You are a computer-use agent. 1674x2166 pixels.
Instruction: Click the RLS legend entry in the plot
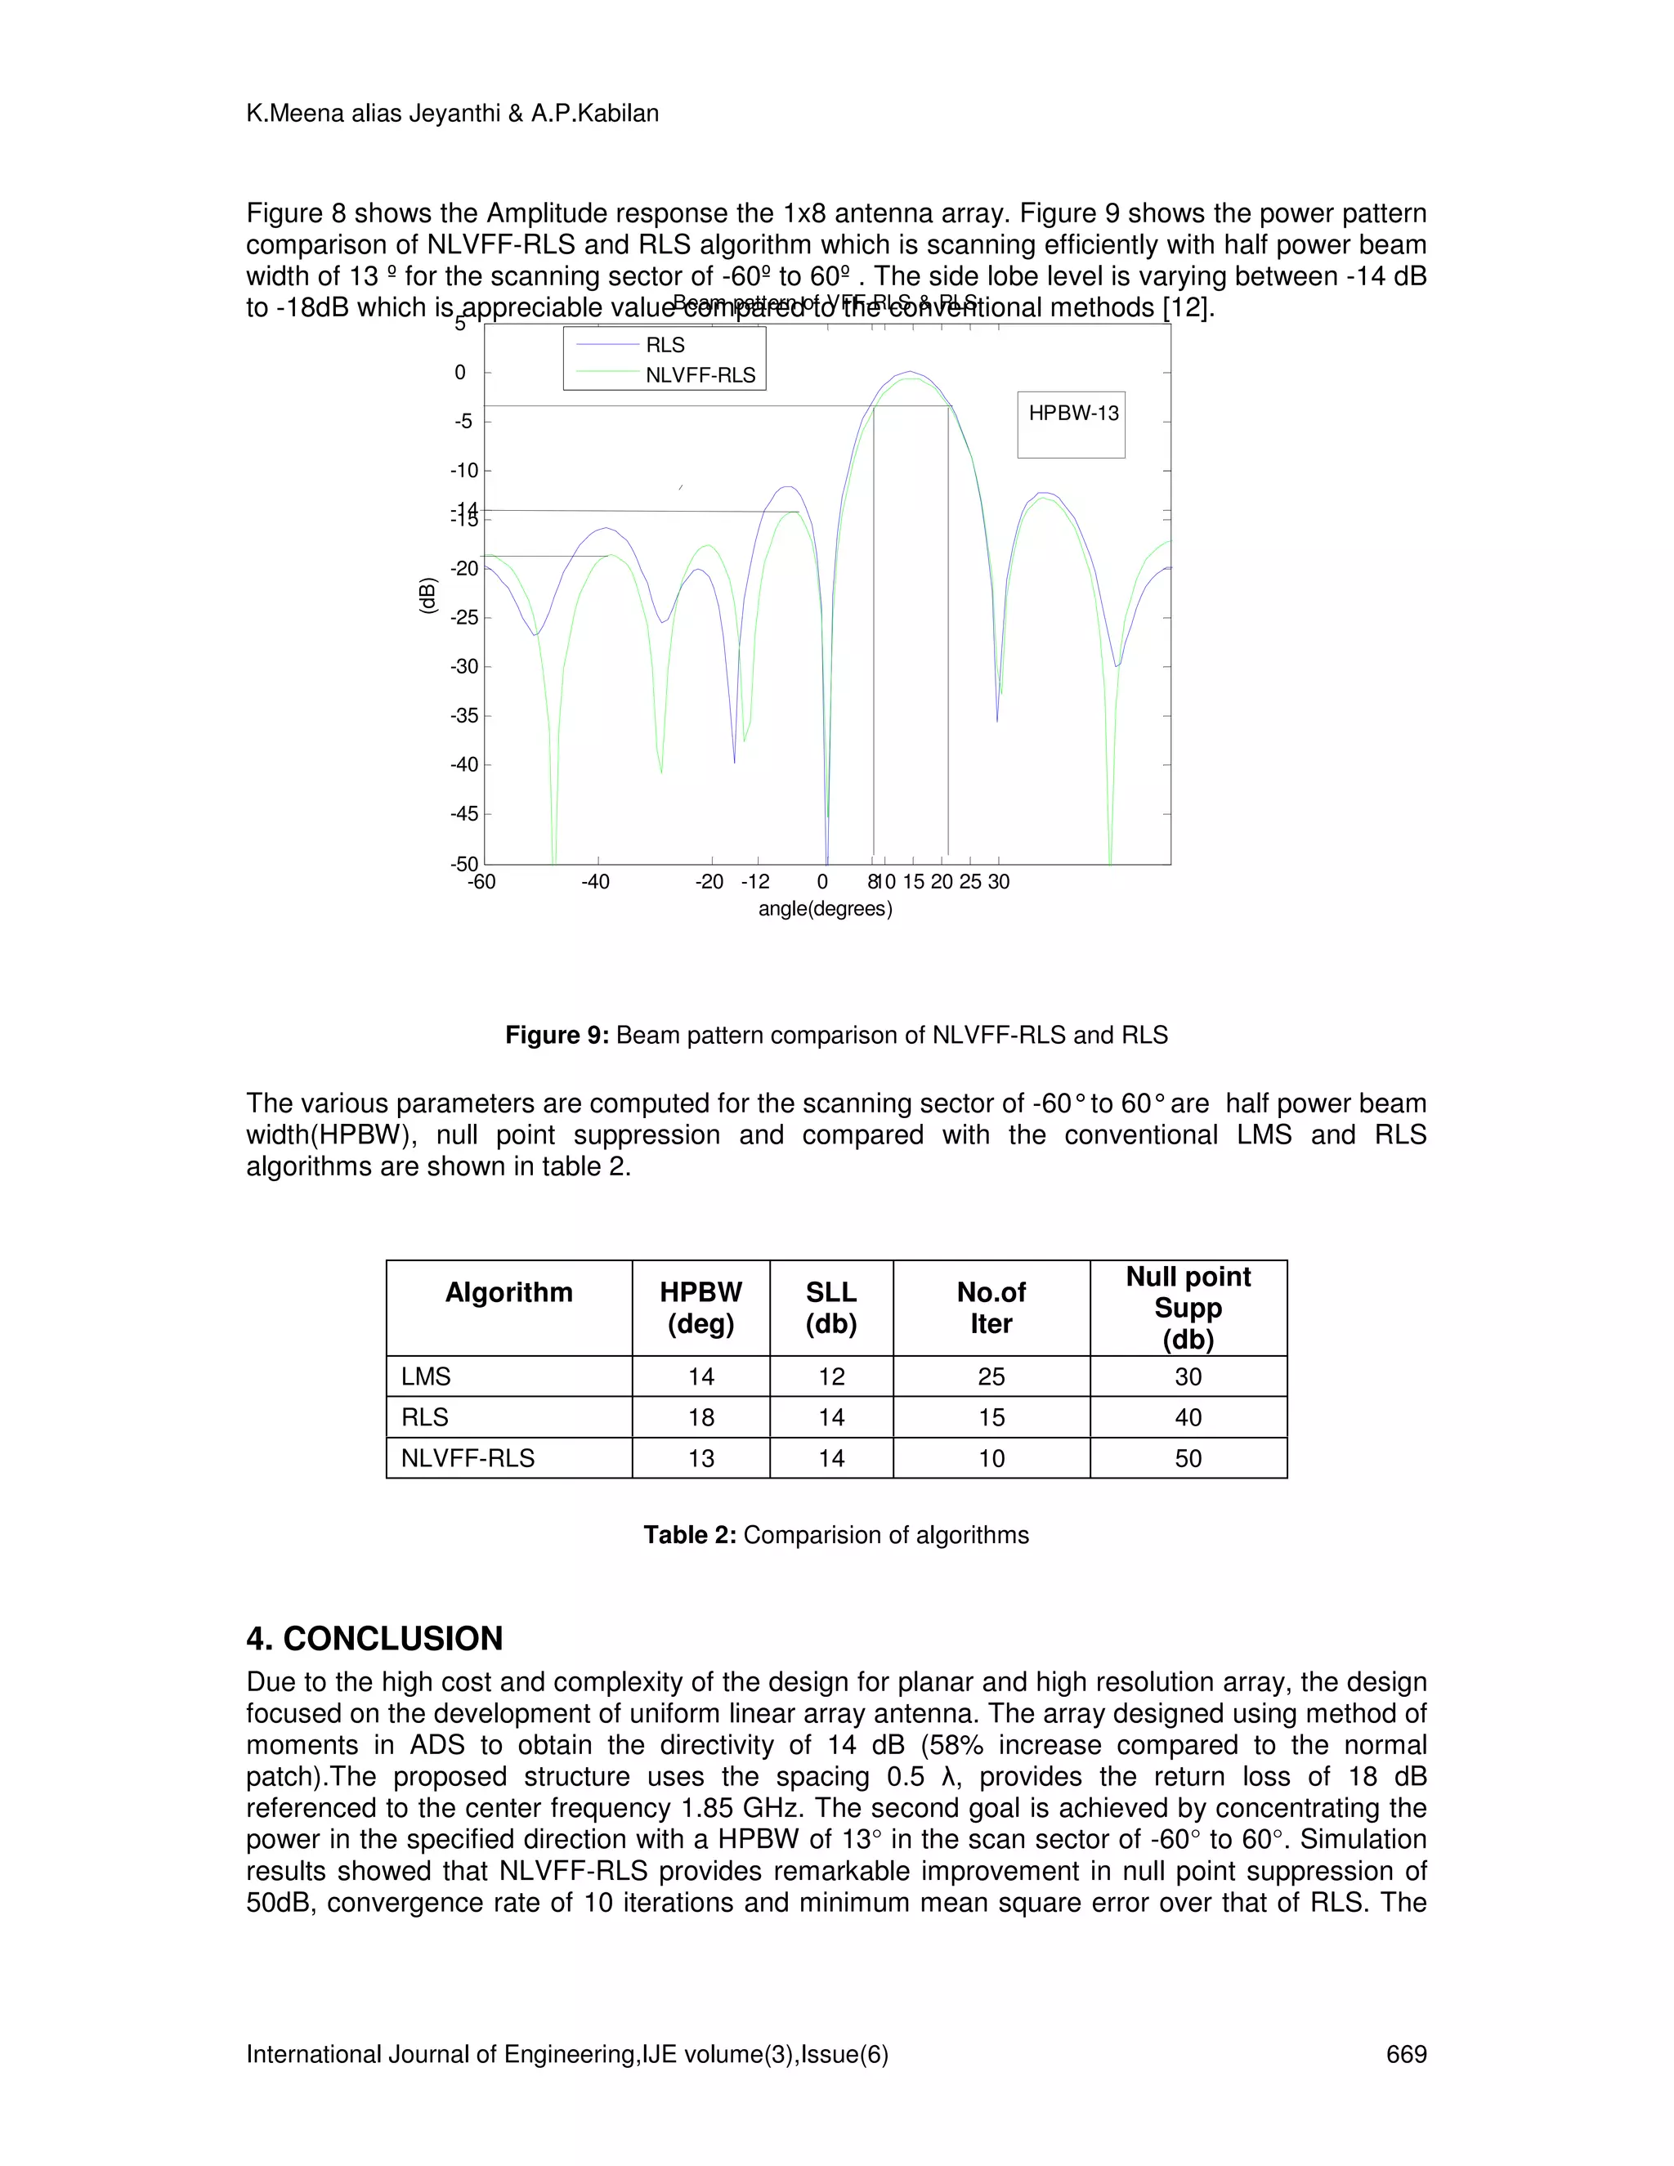tap(665, 345)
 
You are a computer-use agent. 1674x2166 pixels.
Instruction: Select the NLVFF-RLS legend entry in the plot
tap(699, 376)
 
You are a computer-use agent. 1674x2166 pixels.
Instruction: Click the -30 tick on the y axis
tap(464, 666)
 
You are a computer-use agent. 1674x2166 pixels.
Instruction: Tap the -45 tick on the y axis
tap(464, 814)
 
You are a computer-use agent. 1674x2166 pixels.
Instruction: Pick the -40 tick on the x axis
tap(595, 882)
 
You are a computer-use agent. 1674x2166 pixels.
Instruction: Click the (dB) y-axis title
tap(427, 595)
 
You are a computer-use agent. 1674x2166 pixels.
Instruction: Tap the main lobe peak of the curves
tap(910, 373)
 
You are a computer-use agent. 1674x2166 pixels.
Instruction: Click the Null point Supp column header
tap(1187, 1307)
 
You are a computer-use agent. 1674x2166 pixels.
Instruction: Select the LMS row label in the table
tap(427, 1376)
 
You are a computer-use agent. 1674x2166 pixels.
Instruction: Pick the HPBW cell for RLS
tap(701, 1417)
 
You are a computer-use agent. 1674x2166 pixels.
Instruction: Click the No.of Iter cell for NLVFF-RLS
tap(991, 1458)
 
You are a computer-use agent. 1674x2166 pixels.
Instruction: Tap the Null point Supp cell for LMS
tap(1187, 1376)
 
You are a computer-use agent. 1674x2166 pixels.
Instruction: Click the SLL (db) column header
tap(831, 1307)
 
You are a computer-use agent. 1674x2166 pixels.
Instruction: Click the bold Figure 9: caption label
tap(557, 1036)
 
